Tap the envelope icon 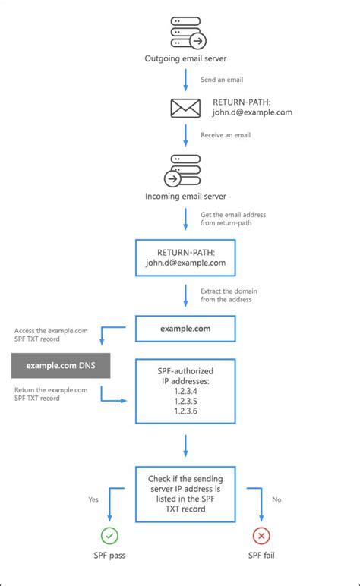click(185, 109)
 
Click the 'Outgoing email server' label click(185, 58)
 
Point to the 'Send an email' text click(222, 79)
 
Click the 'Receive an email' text click(226, 135)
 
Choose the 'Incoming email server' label click(185, 197)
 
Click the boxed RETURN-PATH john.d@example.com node click(185, 257)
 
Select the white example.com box click(185, 329)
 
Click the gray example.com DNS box click(61, 366)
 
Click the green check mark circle click(110, 536)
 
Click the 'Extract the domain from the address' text click(226, 295)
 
